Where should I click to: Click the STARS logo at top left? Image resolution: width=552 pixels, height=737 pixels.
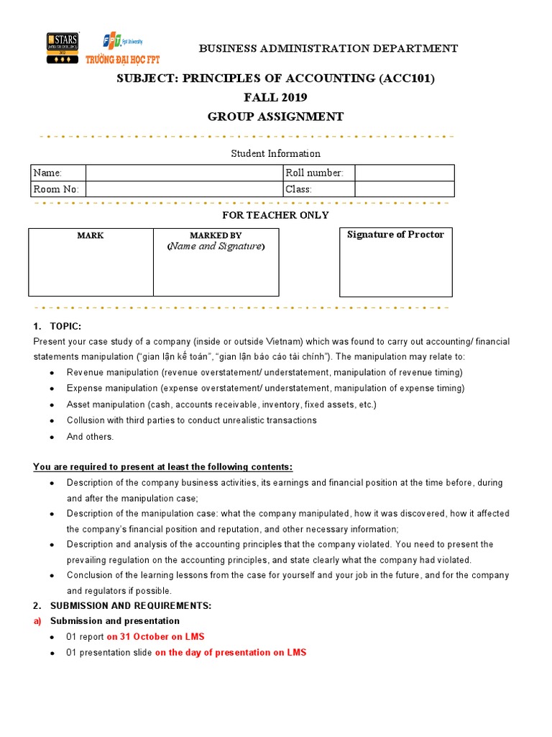pos(62,48)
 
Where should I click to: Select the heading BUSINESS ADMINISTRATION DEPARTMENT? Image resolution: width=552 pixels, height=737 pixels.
pos(328,49)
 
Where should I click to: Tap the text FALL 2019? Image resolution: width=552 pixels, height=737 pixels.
pos(275,97)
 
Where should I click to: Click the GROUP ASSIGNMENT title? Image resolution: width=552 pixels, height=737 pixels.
pos(275,117)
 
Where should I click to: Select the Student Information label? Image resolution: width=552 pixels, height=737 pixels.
pos(275,153)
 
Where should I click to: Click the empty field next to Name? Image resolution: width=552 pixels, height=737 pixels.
pos(185,173)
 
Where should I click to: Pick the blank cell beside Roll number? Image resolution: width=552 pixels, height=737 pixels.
pos(404,173)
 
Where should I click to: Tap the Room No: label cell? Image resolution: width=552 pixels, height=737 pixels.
pos(57,189)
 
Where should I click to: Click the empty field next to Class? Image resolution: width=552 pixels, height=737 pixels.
pos(404,189)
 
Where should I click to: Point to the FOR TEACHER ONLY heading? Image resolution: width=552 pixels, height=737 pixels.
pos(276,215)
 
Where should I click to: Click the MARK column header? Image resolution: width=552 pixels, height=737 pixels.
pos(91,235)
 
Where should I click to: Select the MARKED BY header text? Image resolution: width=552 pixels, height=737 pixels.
pos(216,235)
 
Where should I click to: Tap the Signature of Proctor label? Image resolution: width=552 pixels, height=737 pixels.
pos(395,235)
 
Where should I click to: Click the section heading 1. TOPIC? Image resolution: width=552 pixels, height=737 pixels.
pos(52,326)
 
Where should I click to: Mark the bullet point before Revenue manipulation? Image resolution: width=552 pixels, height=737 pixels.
pos(51,373)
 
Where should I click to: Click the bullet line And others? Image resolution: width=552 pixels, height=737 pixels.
pos(90,437)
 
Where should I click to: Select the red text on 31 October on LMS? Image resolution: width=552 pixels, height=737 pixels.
pos(155,636)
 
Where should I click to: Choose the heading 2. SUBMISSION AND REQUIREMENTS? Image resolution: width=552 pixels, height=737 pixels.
pos(122,605)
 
